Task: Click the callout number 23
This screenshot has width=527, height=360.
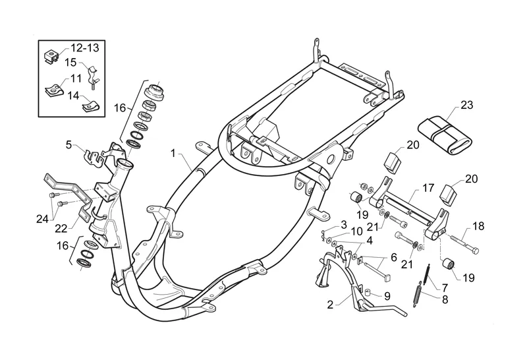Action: [466, 105]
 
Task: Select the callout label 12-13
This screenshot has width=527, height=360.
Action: [85, 47]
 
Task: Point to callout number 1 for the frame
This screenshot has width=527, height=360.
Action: [173, 154]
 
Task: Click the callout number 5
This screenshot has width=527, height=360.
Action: [69, 145]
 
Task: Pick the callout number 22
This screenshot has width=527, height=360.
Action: [61, 228]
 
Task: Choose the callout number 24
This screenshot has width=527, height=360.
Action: [43, 220]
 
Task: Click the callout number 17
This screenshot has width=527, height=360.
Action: [428, 188]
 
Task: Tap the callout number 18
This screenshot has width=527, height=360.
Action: [478, 226]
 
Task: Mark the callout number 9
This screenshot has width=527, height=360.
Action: [387, 296]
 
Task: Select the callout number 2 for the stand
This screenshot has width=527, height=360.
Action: [331, 305]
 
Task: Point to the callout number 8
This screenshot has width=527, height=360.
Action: [445, 299]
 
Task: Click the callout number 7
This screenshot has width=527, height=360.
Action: [445, 288]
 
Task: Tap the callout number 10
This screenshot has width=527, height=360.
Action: [357, 231]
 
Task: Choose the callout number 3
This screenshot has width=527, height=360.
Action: [343, 224]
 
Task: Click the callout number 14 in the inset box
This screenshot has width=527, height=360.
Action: [73, 96]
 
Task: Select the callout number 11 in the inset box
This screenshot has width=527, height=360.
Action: [76, 78]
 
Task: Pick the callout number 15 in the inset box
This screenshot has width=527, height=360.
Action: [70, 63]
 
